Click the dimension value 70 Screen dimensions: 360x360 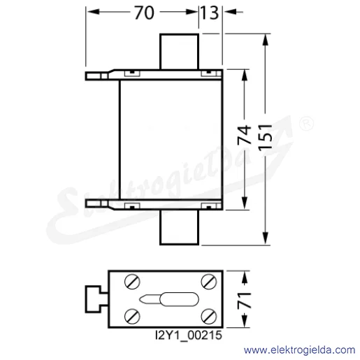pyautogui.click(x=144, y=13)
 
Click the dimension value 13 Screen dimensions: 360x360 pyautogui.click(x=210, y=13)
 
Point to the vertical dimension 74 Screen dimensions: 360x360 pyautogui.click(x=245, y=135)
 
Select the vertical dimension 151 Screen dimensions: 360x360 pyautogui.click(x=265, y=137)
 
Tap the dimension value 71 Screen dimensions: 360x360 pyautogui.click(x=245, y=300)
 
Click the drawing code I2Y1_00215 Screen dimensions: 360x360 pyautogui.click(x=189, y=336)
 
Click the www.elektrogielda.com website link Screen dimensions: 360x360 pyautogui.click(x=299, y=350)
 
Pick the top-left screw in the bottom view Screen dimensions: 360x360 pyautogui.click(x=132, y=282)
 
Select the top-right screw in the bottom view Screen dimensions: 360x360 pyautogui.click(x=209, y=282)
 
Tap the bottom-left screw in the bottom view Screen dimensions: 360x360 pyautogui.click(x=132, y=317)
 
